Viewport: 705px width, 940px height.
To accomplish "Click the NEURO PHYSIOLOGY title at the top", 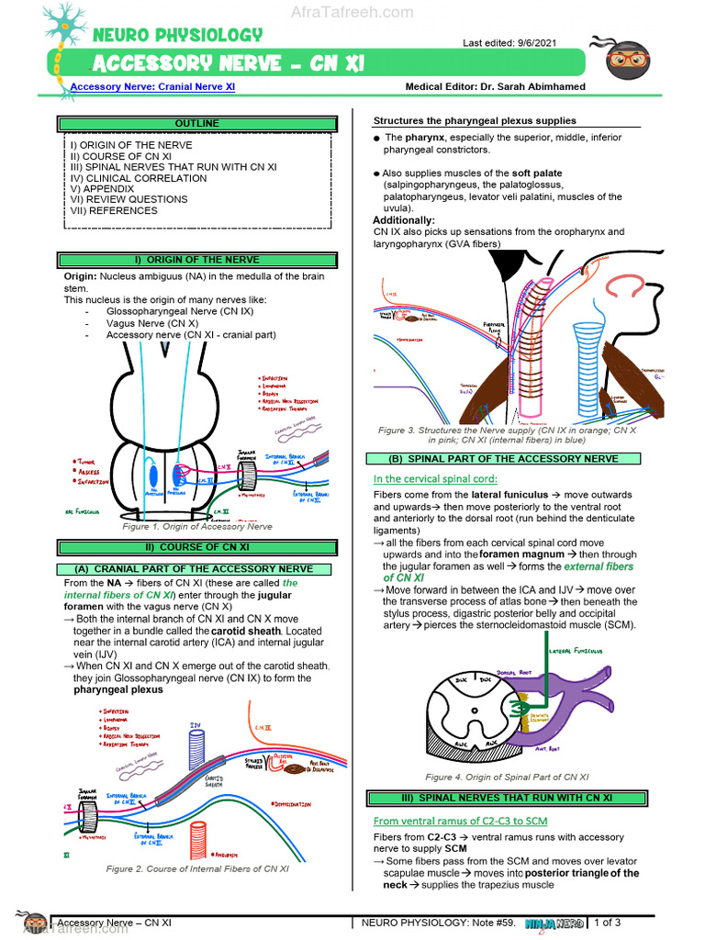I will (x=177, y=35).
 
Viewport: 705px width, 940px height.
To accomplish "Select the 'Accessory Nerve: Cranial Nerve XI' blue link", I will (x=153, y=87).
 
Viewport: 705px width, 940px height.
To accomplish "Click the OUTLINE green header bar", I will (x=197, y=123).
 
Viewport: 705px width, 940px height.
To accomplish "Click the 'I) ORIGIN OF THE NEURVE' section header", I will (x=197, y=260).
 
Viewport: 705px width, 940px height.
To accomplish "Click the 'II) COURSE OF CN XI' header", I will (x=197, y=548).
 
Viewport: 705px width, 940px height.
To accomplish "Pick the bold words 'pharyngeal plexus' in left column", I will (x=118, y=689).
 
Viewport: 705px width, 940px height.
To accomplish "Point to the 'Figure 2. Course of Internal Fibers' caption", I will (x=197, y=868).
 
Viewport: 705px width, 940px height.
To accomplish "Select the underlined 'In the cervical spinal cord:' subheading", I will (x=435, y=478).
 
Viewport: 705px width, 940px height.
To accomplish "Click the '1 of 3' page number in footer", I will (x=608, y=922).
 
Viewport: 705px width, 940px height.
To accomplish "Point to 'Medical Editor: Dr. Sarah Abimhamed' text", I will (x=495, y=87).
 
